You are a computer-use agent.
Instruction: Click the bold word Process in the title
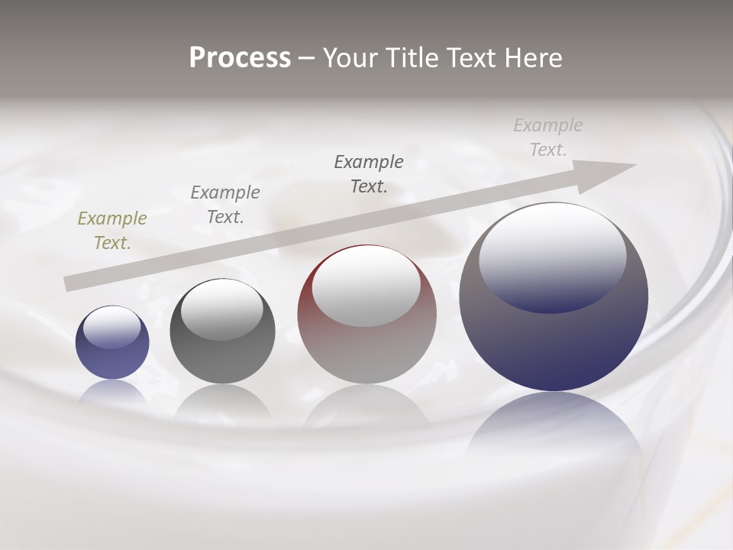(x=240, y=58)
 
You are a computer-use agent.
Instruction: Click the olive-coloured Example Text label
(x=112, y=230)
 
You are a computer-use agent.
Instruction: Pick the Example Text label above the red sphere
(x=369, y=173)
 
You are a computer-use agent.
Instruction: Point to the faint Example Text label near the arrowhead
(x=548, y=137)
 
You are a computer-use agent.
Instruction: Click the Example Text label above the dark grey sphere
(x=225, y=204)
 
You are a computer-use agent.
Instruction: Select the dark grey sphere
(x=222, y=359)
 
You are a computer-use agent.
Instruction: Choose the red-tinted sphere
(x=366, y=351)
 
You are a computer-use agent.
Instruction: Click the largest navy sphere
(x=554, y=344)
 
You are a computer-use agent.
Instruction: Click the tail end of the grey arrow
(x=69, y=283)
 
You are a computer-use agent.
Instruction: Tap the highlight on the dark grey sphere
(x=222, y=309)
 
